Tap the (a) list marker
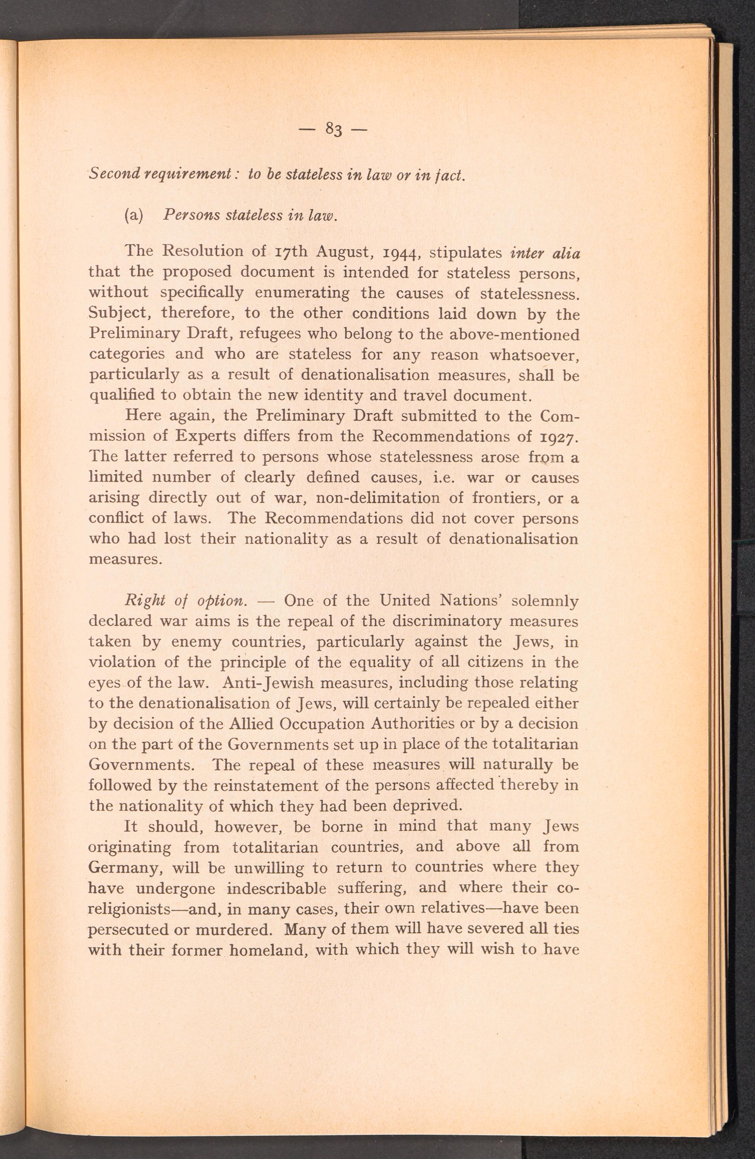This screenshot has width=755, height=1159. (x=133, y=215)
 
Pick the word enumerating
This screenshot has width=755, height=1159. (x=302, y=293)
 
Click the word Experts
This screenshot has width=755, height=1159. (x=208, y=436)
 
